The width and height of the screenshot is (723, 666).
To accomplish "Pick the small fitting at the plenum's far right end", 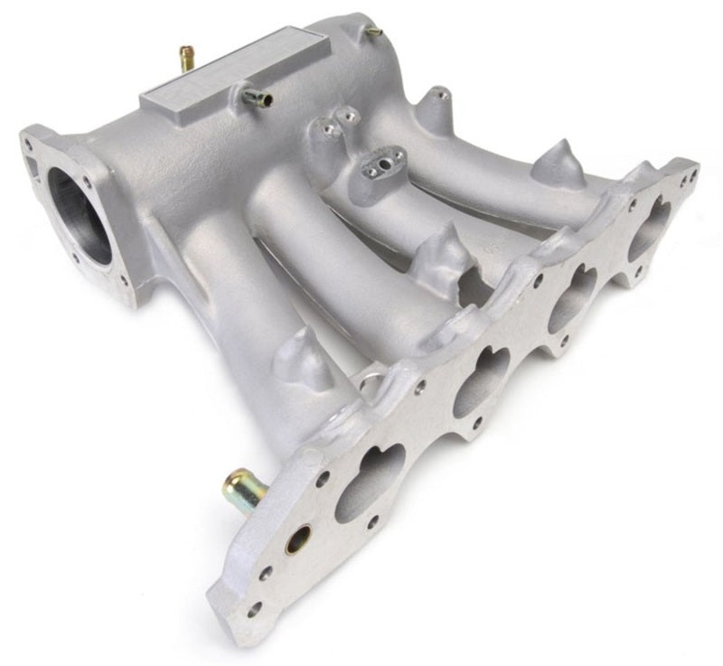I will pos(373,33).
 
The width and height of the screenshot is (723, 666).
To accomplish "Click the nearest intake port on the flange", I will pos(370,483).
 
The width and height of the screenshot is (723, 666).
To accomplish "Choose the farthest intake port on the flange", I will pos(649,232).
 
